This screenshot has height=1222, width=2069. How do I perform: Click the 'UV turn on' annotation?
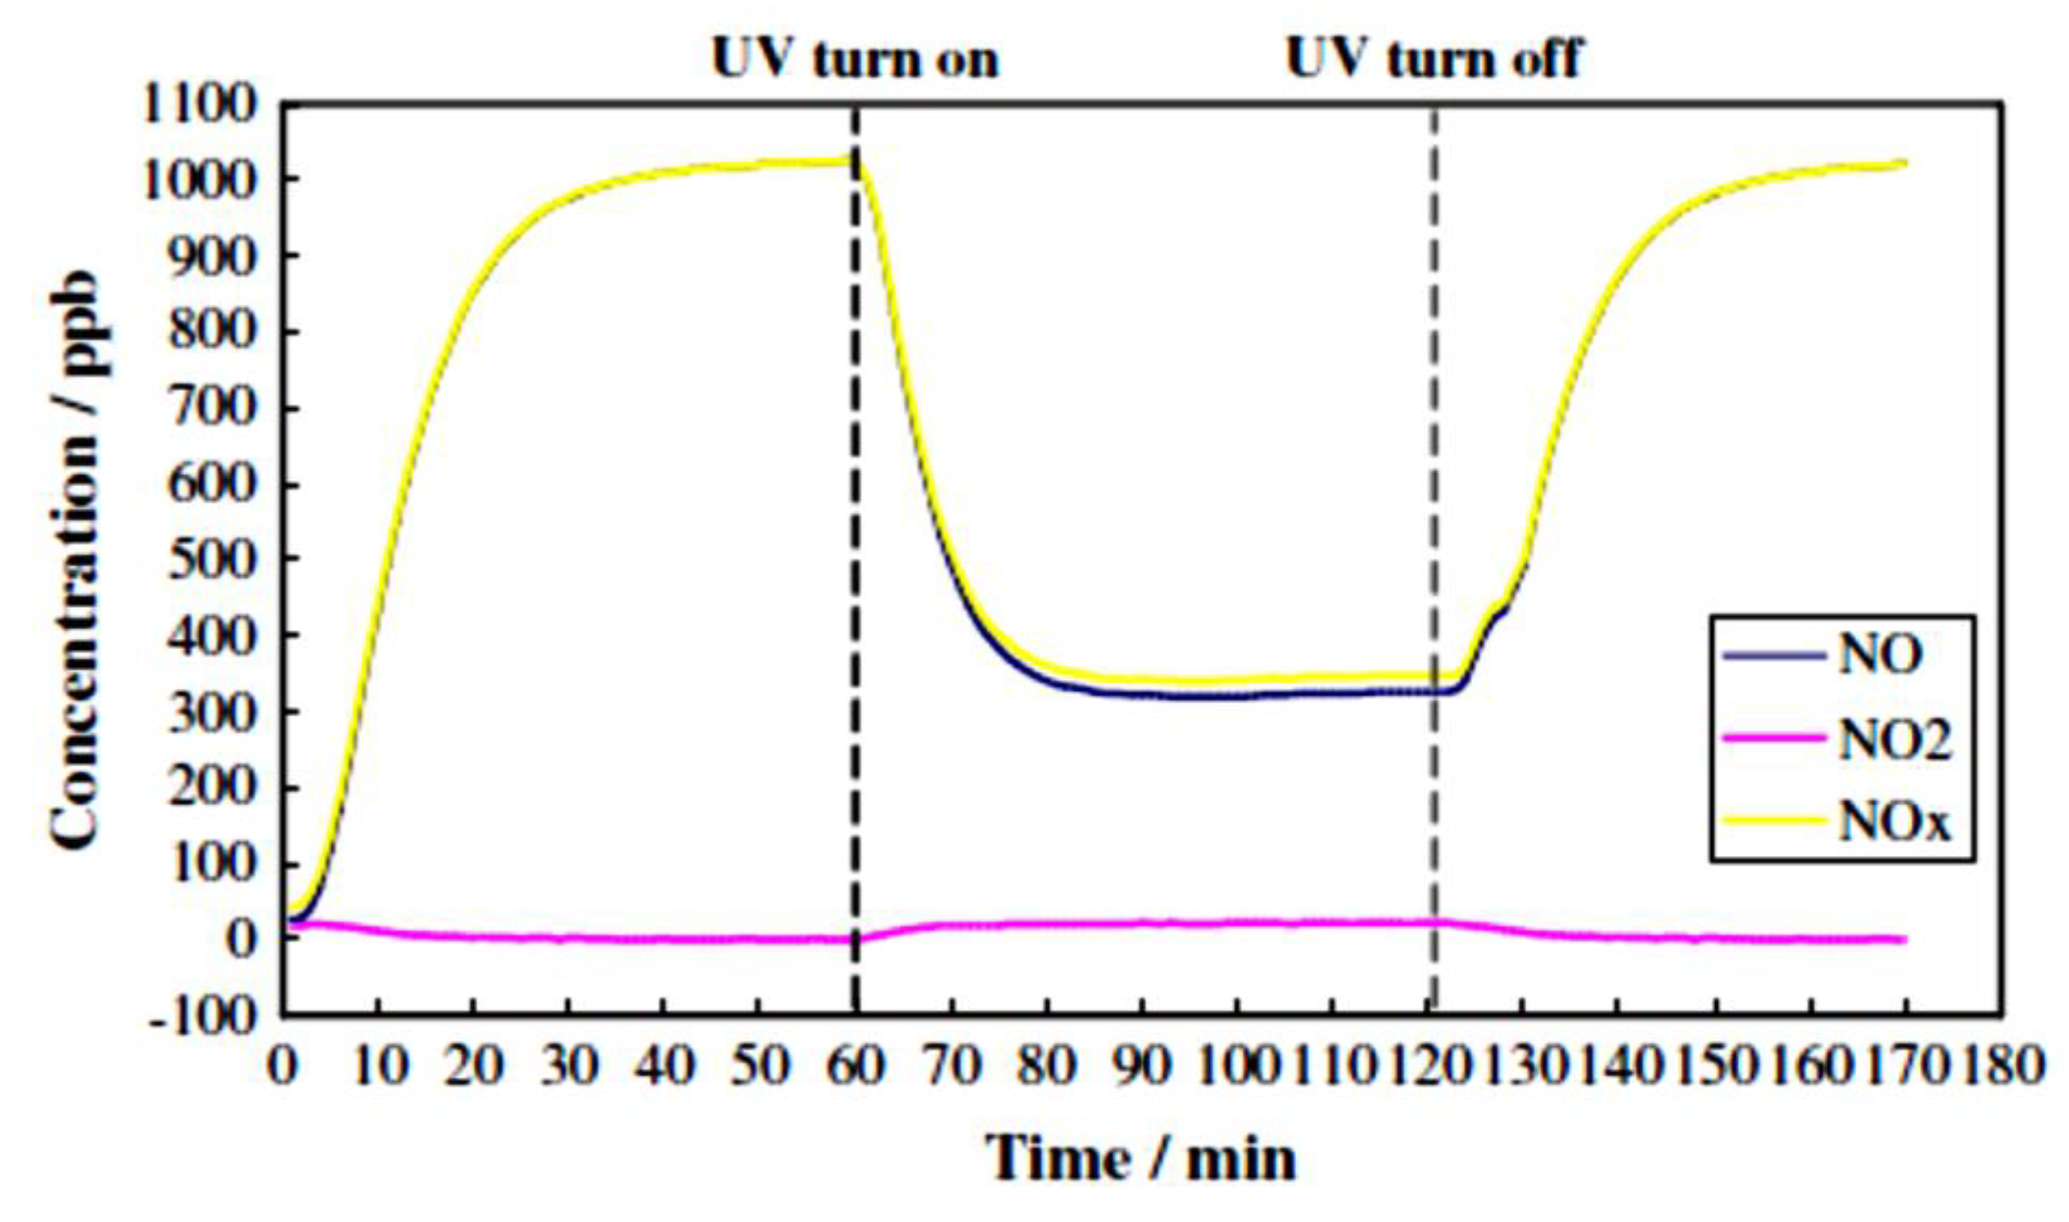click(855, 59)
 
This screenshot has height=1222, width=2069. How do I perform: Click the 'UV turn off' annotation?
click(1433, 59)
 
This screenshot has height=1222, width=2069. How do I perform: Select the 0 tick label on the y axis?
click(243, 938)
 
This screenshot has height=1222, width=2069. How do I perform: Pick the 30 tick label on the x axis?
click(568, 1066)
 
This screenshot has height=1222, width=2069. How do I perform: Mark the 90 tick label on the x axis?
click(1141, 1066)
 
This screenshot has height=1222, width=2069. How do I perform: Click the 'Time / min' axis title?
click(1141, 1158)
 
